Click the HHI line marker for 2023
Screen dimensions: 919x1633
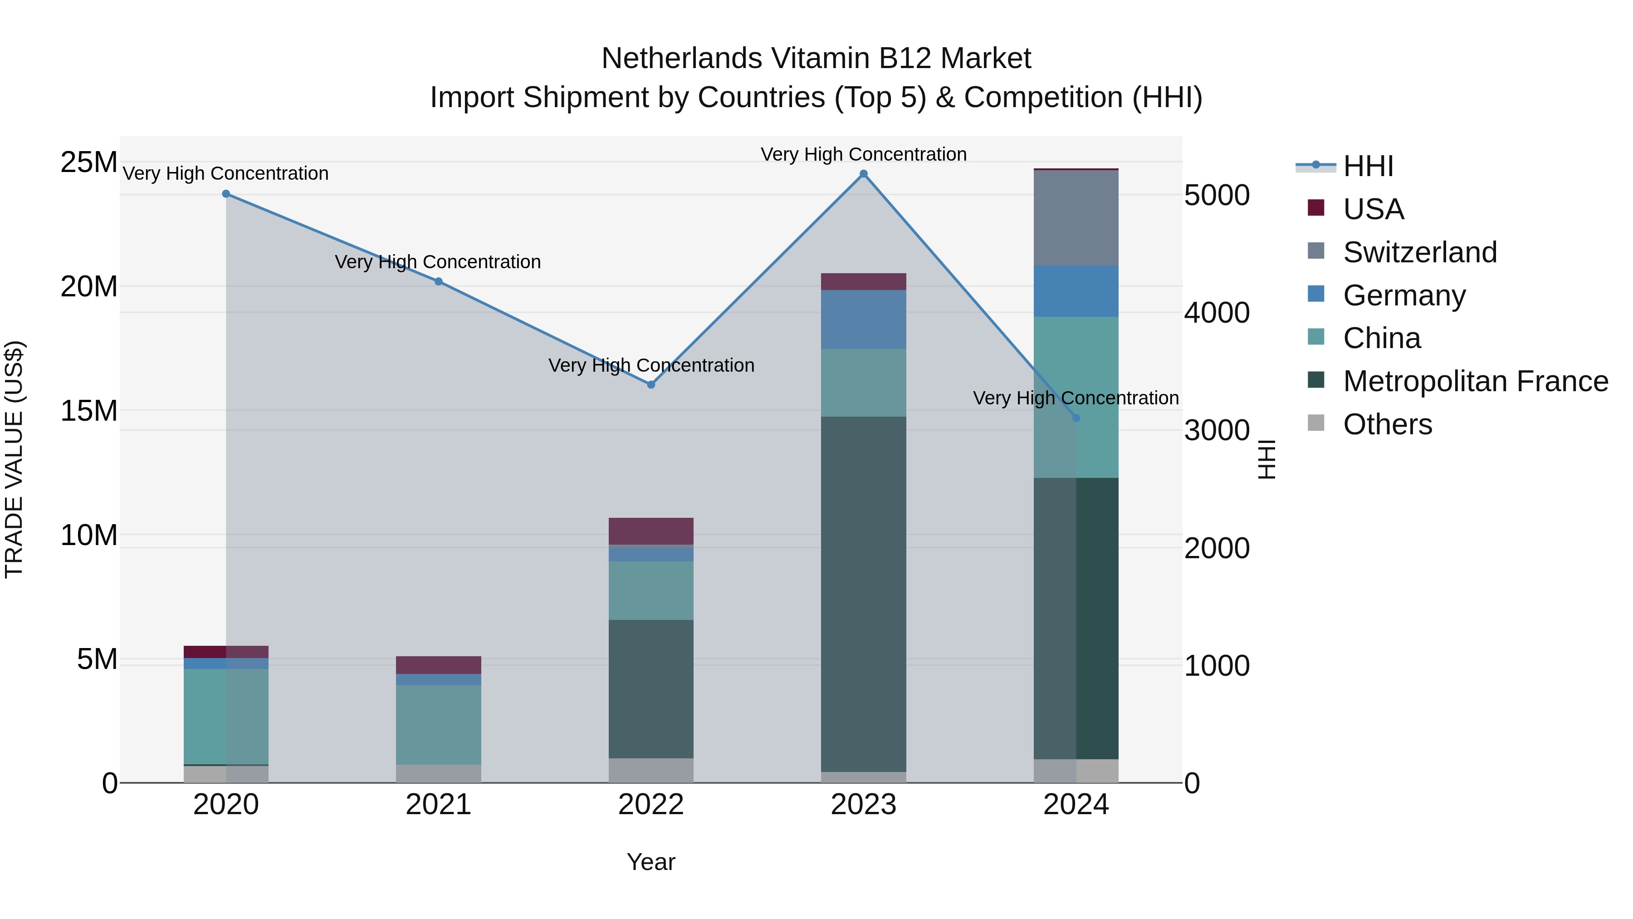[x=863, y=174]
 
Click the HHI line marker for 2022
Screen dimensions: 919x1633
[x=651, y=384]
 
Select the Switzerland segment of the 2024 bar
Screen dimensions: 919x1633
[x=1076, y=217]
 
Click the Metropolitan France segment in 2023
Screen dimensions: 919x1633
[x=863, y=594]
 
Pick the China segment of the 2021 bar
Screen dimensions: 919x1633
[x=439, y=724]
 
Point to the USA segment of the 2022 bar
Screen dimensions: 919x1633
[x=651, y=531]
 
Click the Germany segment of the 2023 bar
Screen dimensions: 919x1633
[x=863, y=319]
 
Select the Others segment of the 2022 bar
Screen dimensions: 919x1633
[x=651, y=770]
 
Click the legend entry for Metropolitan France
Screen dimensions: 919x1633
[x=1475, y=381]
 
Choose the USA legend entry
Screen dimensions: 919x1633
[x=1373, y=209]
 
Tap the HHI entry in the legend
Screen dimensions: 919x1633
[x=1368, y=166]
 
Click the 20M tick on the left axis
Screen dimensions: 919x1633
[x=89, y=287]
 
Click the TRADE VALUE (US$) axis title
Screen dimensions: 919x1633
[x=15, y=459]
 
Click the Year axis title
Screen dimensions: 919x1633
[x=651, y=862]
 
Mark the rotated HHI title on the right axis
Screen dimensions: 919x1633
[x=1266, y=459]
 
